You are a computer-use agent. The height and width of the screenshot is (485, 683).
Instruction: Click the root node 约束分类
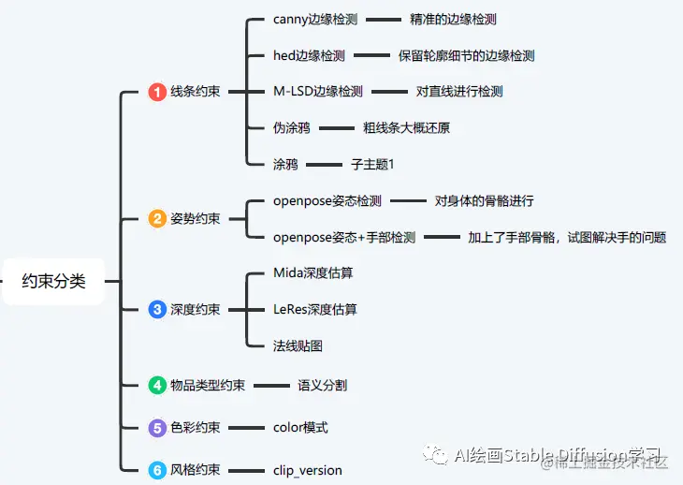[53, 281]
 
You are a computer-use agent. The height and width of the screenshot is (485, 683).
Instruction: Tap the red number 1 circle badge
[157, 92]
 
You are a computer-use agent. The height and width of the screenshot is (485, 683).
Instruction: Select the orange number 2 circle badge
[157, 219]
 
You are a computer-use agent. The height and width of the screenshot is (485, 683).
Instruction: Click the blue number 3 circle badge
[157, 310]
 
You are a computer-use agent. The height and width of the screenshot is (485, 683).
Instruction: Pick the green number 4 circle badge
[157, 385]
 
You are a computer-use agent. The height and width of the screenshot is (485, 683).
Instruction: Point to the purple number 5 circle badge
[157, 428]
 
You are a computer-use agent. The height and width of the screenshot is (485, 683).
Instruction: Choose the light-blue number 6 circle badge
[157, 470]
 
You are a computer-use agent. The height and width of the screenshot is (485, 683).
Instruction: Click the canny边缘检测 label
[315, 20]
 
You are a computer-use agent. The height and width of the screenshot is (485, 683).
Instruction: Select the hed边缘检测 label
[309, 56]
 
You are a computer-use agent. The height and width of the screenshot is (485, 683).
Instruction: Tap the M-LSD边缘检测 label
[317, 92]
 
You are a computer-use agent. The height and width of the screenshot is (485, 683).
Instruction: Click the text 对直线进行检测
[459, 92]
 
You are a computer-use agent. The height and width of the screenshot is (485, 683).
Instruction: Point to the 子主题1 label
[372, 164]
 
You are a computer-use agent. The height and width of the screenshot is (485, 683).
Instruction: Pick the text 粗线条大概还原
[413, 128]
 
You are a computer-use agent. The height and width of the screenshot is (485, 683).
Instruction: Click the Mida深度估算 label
[313, 273]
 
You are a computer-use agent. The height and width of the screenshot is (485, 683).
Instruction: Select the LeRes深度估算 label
[315, 310]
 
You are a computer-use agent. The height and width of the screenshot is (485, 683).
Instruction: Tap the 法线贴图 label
[298, 345]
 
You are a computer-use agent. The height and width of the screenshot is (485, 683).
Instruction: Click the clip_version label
[308, 470]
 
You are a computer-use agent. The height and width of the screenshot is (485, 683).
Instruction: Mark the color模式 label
[300, 428]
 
